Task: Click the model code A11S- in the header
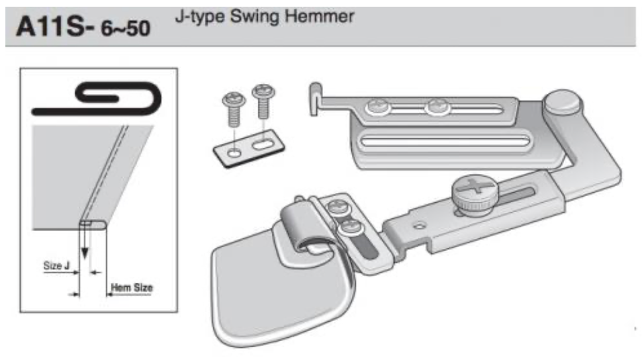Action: pyautogui.click(x=55, y=27)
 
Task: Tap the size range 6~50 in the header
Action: pyautogui.click(x=126, y=29)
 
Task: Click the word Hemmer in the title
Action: pyautogui.click(x=320, y=17)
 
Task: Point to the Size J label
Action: pyautogui.click(x=56, y=265)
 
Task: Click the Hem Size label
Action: pyautogui.click(x=132, y=287)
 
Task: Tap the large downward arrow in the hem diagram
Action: pyautogui.click(x=85, y=242)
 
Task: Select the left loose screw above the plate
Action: pyautogui.click(x=234, y=109)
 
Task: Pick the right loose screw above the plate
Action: pyautogui.click(x=263, y=101)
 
